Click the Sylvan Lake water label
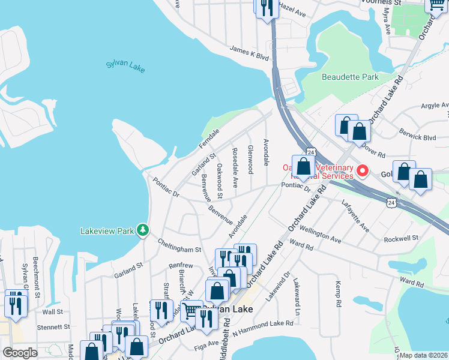[125, 65]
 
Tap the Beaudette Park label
[350, 77]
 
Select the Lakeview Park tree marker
[142, 230]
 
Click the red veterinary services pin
[363, 171]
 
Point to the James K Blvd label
[249, 56]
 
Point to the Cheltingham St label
[179, 246]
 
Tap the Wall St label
[52, 311]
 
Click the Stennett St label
[50, 327]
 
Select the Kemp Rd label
[338, 294]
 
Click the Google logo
[20, 352]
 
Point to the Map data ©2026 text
[424, 355]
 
